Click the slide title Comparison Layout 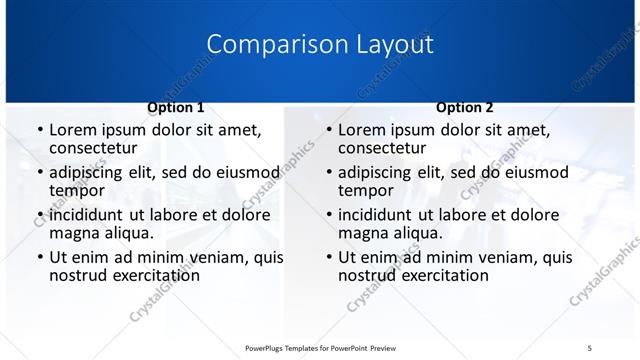pos(320,45)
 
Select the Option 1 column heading pos(176,107)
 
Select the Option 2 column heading pos(464,107)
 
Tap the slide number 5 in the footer pos(590,347)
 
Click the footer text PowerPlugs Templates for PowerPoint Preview pos(321,347)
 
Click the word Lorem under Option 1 pos(73,130)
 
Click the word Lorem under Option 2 pos(362,130)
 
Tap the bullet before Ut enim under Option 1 pos(39,258)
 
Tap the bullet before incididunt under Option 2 pos(328,215)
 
